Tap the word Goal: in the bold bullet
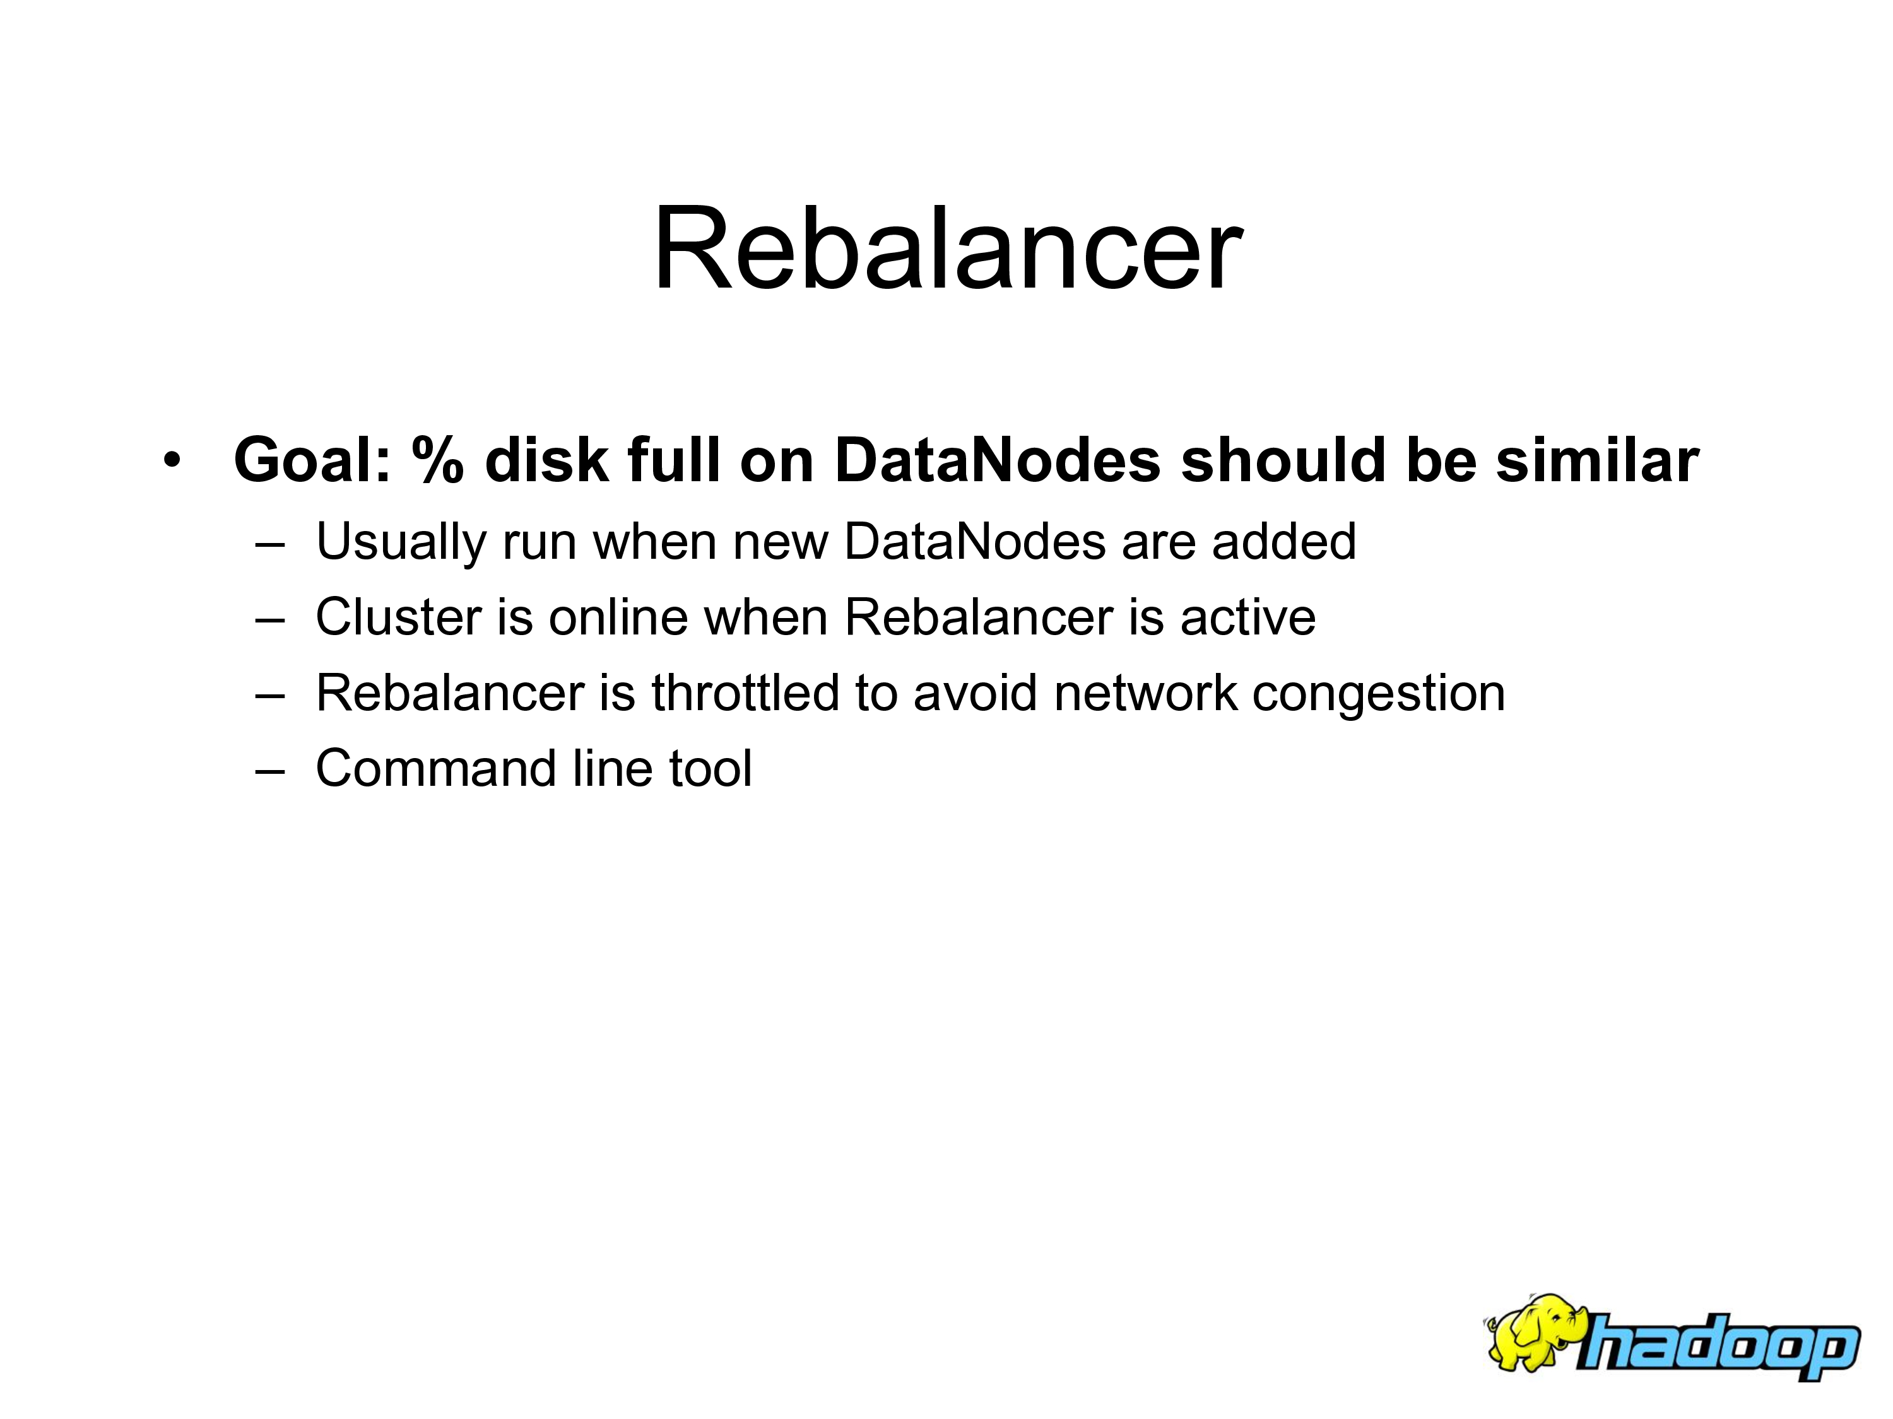312,460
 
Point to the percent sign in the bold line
438,460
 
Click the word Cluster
399,617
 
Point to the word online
618,617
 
